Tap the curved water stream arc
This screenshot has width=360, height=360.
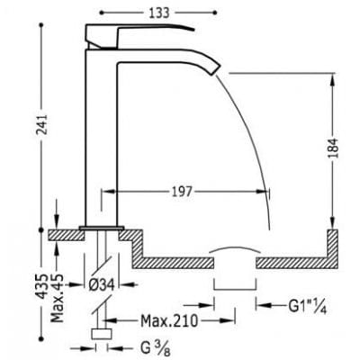coord(261,144)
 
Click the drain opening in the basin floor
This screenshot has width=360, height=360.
coord(236,261)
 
